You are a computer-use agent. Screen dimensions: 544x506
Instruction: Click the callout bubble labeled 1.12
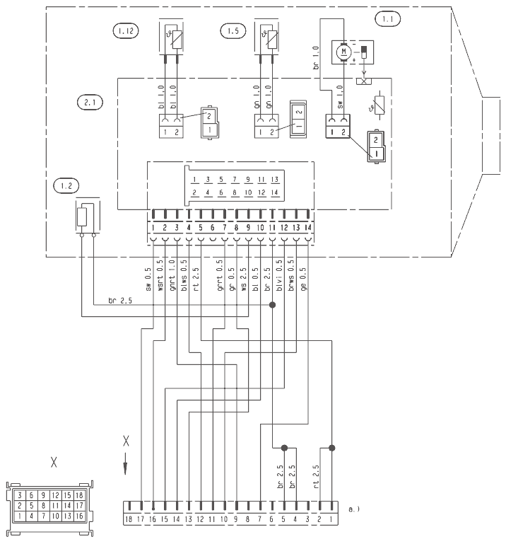pyautogui.click(x=125, y=31)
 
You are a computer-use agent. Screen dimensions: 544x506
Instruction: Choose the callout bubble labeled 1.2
pyautogui.click(x=66, y=187)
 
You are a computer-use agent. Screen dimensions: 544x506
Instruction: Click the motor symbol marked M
pyautogui.click(x=345, y=52)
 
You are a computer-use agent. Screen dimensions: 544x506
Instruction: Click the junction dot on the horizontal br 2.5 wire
pyautogui.click(x=272, y=306)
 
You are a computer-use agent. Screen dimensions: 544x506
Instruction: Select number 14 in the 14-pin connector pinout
pyautogui.click(x=275, y=192)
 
